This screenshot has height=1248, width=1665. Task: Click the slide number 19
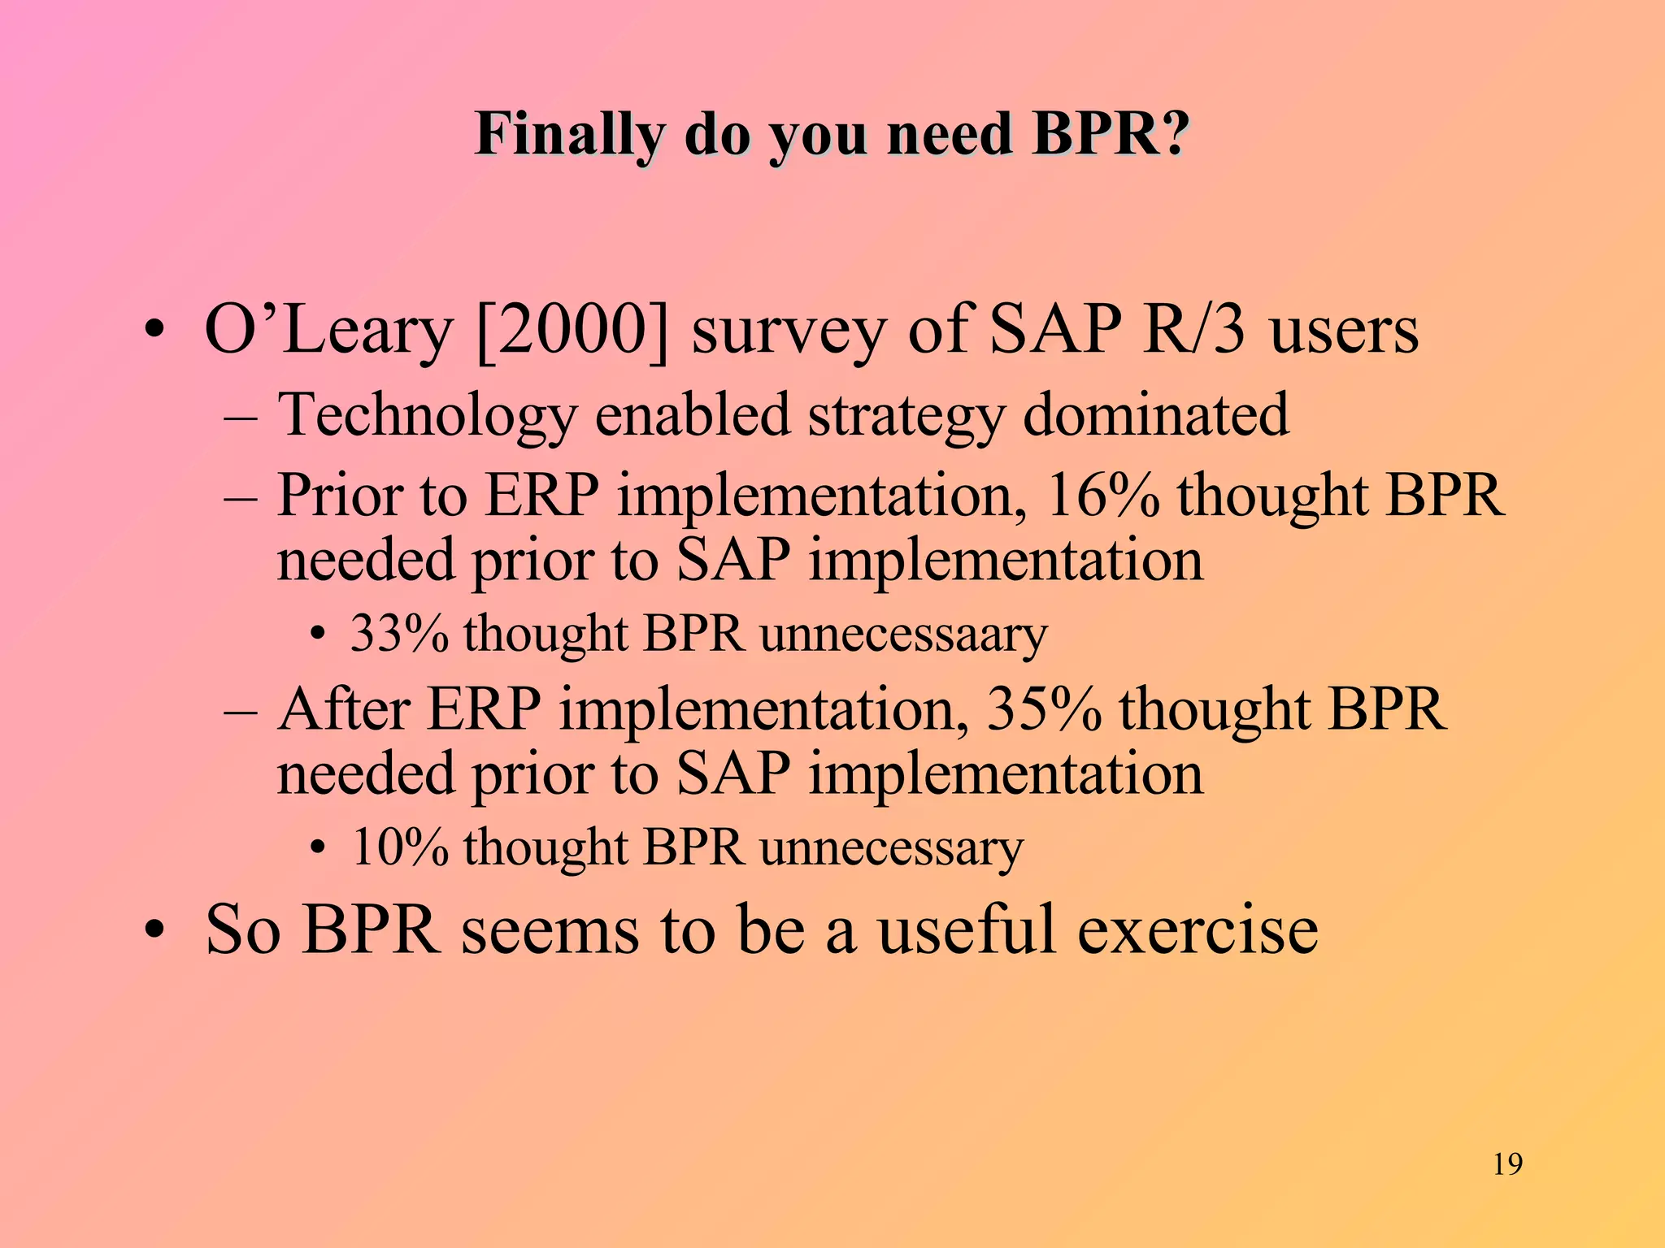tap(1508, 1164)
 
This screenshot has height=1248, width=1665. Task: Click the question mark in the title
tap(1172, 135)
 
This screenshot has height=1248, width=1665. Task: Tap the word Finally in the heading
tap(570, 135)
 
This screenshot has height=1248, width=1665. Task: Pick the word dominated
tap(1154, 414)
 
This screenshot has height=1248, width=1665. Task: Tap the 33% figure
tap(398, 634)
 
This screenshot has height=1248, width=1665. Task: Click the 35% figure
tap(1044, 709)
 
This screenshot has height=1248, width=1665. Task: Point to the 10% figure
tap(398, 847)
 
